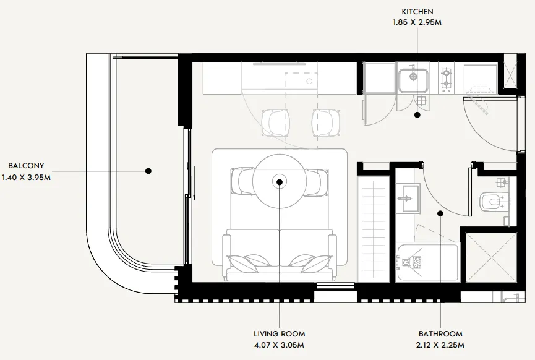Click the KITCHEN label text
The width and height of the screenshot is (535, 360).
click(417, 12)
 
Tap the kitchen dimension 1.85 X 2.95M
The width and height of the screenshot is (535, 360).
click(417, 22)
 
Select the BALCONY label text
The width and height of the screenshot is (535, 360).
click(26, 166)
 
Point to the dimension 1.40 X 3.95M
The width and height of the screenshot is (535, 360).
click(26, 178)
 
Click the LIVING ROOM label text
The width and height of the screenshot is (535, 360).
click(280, 334)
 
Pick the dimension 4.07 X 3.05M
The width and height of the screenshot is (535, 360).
click(279, 345)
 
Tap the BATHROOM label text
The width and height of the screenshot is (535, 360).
click(440, 334)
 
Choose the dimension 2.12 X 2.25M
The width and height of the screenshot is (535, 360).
click(440, 345)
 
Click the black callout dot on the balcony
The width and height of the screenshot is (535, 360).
click(148, 171)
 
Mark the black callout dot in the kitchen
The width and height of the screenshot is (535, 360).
click(417, 115)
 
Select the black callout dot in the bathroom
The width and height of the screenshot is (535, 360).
click(440, 213)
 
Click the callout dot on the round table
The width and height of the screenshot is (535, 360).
click(280, 182)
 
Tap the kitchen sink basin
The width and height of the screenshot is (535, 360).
click(413, 80)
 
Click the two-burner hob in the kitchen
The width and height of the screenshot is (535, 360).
click(446, 80)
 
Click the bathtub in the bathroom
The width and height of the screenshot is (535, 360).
click(427, 263)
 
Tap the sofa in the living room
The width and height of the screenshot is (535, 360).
click(280, 255)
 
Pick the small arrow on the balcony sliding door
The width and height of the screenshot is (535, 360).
click(194, 183)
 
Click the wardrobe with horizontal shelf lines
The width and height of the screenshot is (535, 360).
click(374, 229)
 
